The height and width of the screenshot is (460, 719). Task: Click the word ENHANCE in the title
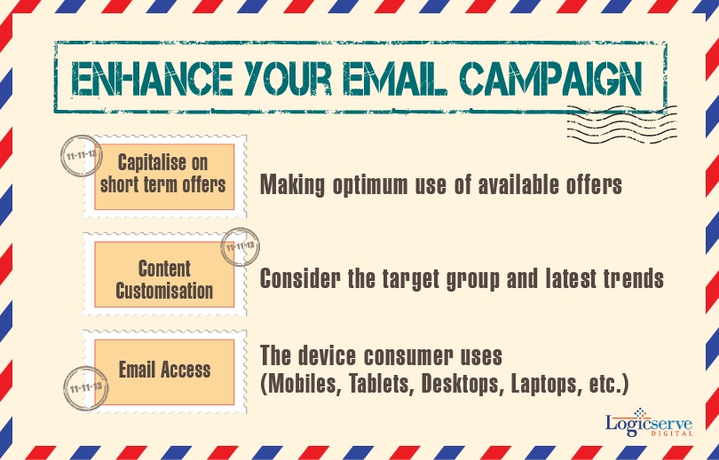pos(152,78)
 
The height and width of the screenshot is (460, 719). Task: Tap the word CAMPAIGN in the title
pos(550,78)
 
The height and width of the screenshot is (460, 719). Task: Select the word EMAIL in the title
pos(395,78)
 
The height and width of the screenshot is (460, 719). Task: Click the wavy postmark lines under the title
pos(621,124)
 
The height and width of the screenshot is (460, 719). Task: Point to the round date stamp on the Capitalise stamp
pos(82,156)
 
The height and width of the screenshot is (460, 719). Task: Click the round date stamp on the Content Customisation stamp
pos(240,246)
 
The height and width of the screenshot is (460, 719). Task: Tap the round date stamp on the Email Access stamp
pos(86,388)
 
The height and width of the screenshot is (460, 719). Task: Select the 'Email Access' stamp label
pos(164,370)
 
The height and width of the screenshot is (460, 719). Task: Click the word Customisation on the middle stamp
pos(164,291)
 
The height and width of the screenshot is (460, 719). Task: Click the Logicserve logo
pos(648,422)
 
